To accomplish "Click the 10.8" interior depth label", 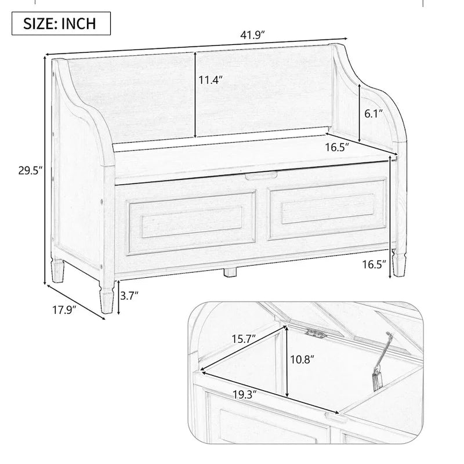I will [x=302, y=360].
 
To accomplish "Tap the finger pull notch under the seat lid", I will [x=260, y=176].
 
